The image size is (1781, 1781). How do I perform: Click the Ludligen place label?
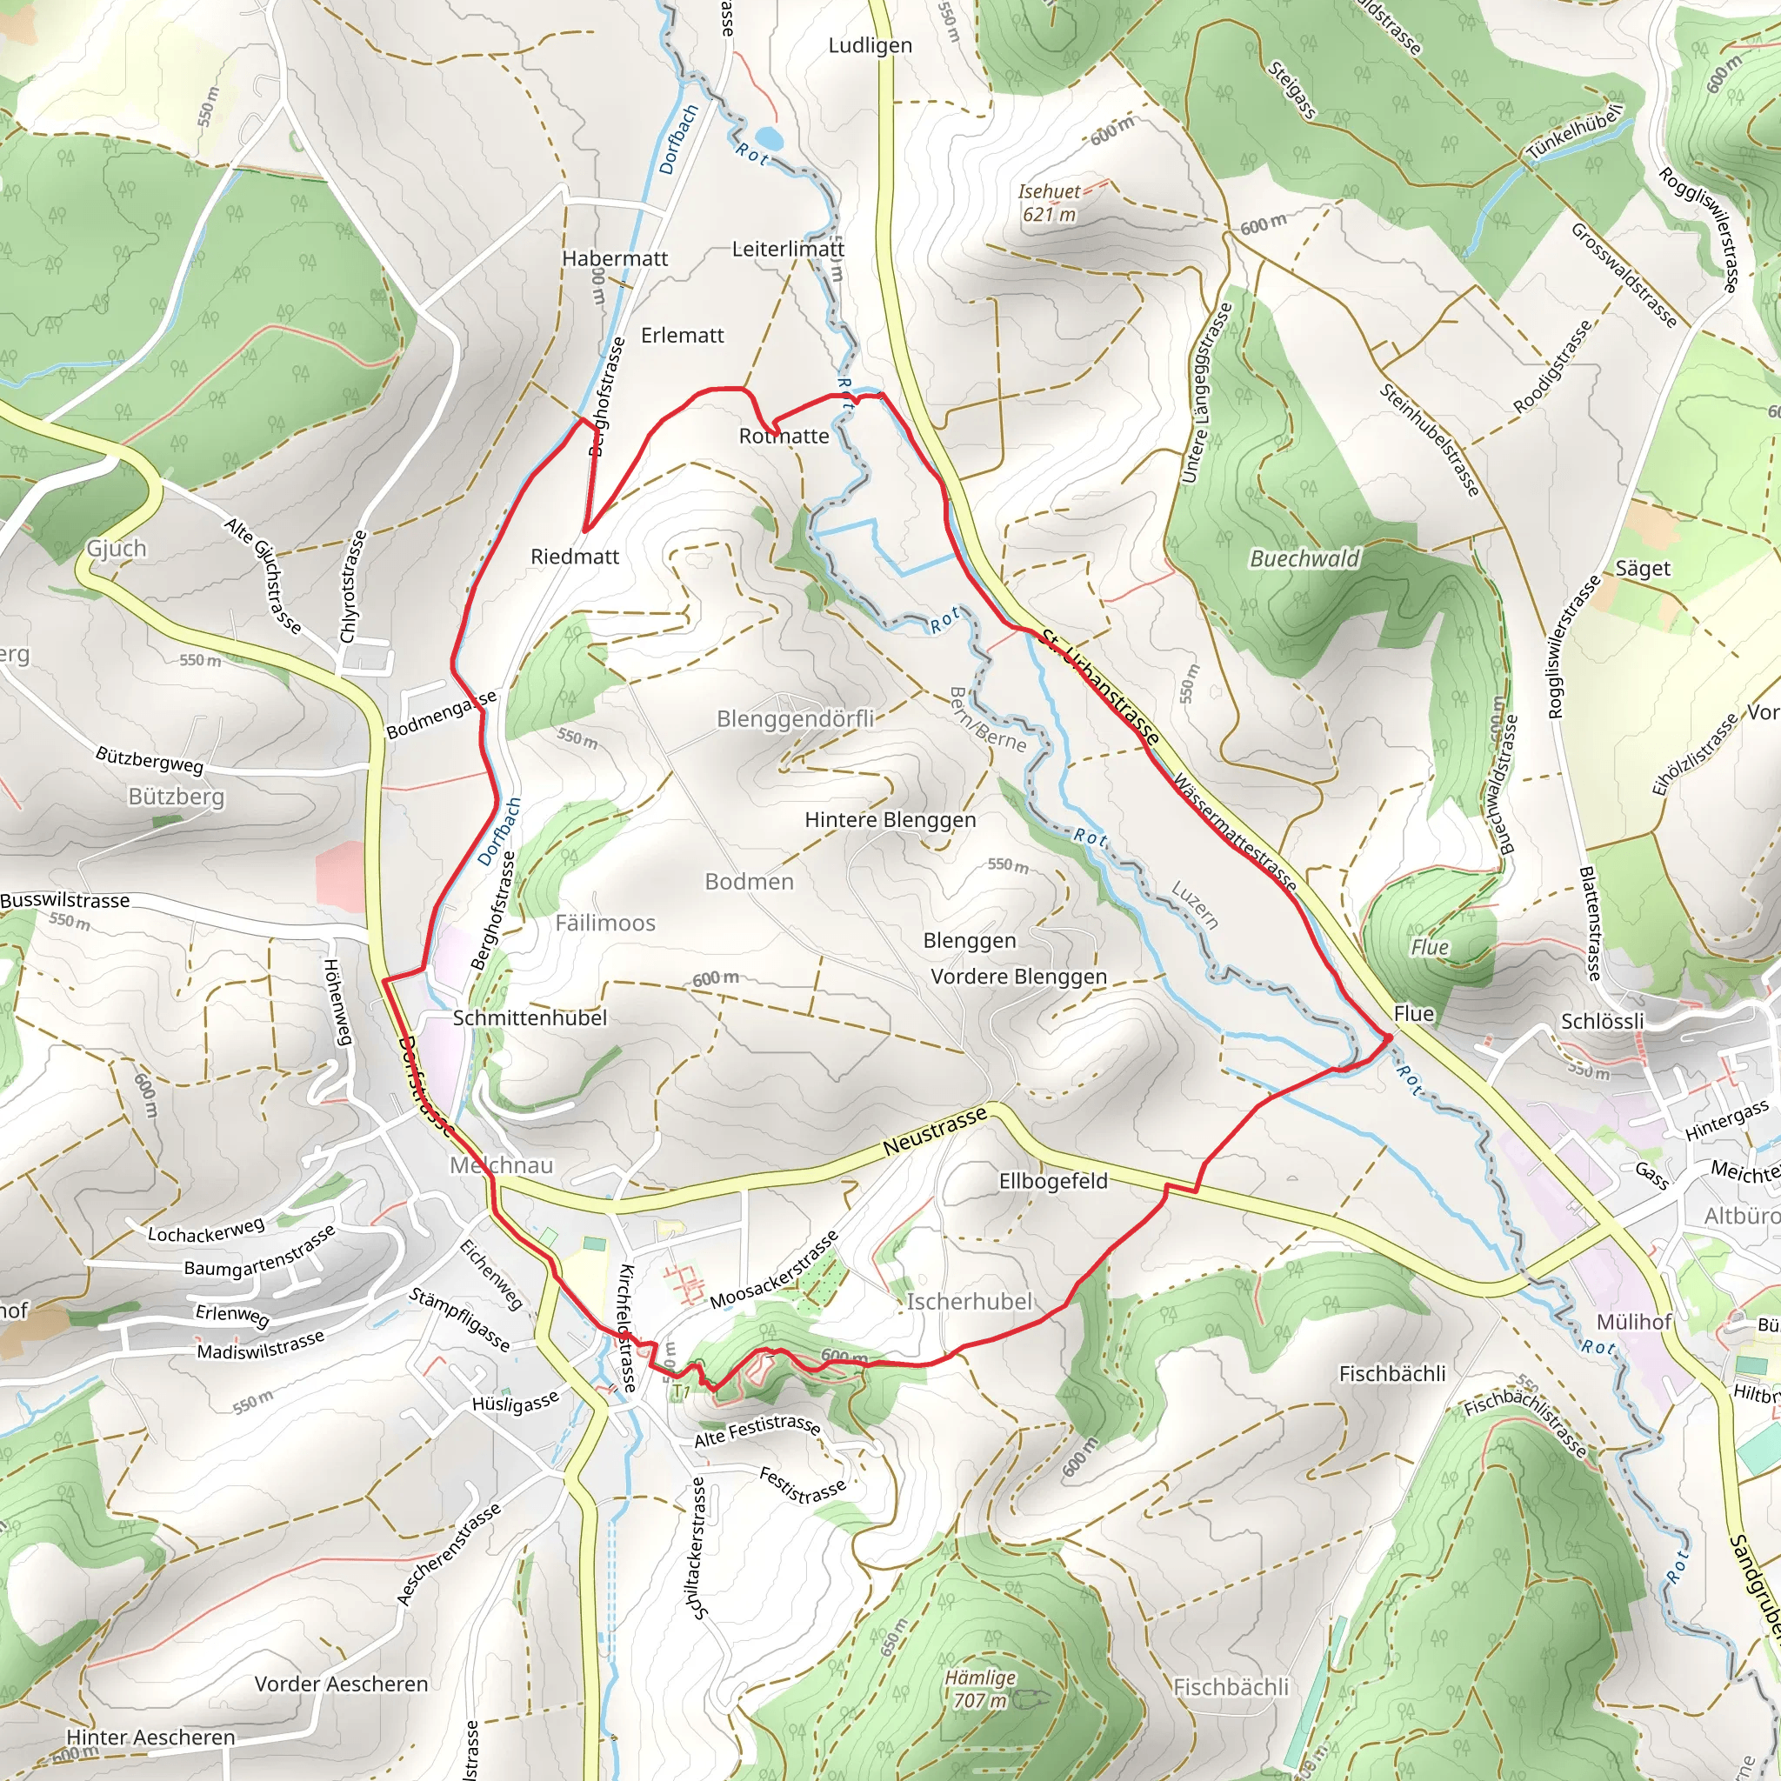[x=870, y=45]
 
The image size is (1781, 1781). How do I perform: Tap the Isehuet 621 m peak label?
[x=1049, y=203]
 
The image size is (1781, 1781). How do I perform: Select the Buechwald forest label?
[x=1304, y=558]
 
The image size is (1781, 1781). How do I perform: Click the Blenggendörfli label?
[x=796, y=718]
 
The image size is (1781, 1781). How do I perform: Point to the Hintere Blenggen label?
[x=890, y=819]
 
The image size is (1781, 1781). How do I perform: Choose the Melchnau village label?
[x=502, y=1165]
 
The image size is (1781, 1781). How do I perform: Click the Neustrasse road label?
[x=935, y=1132]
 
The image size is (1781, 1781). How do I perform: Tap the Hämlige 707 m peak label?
[x=980, y=1689]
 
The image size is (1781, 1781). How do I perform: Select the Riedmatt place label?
[x=575, y=557]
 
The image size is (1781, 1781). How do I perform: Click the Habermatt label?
[x=615, y=259]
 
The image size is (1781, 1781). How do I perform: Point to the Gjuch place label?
[x=117, y=549]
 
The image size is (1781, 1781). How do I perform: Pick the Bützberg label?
[x=176, y=797]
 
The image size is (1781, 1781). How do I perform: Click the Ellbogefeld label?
[x=1053, y=1181]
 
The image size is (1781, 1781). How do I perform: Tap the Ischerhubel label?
[x=970, y=1302]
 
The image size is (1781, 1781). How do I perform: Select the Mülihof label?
[x=1633, y=1322]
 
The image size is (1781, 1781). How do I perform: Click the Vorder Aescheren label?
[x=341, y=1684]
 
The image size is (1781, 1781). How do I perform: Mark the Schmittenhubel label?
[x=530, y=1017]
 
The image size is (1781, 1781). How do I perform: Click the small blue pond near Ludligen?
[x=770, y=139]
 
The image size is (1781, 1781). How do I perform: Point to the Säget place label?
[x=1643, y=569]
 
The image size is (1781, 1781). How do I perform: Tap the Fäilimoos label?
[x=605, y=923]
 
